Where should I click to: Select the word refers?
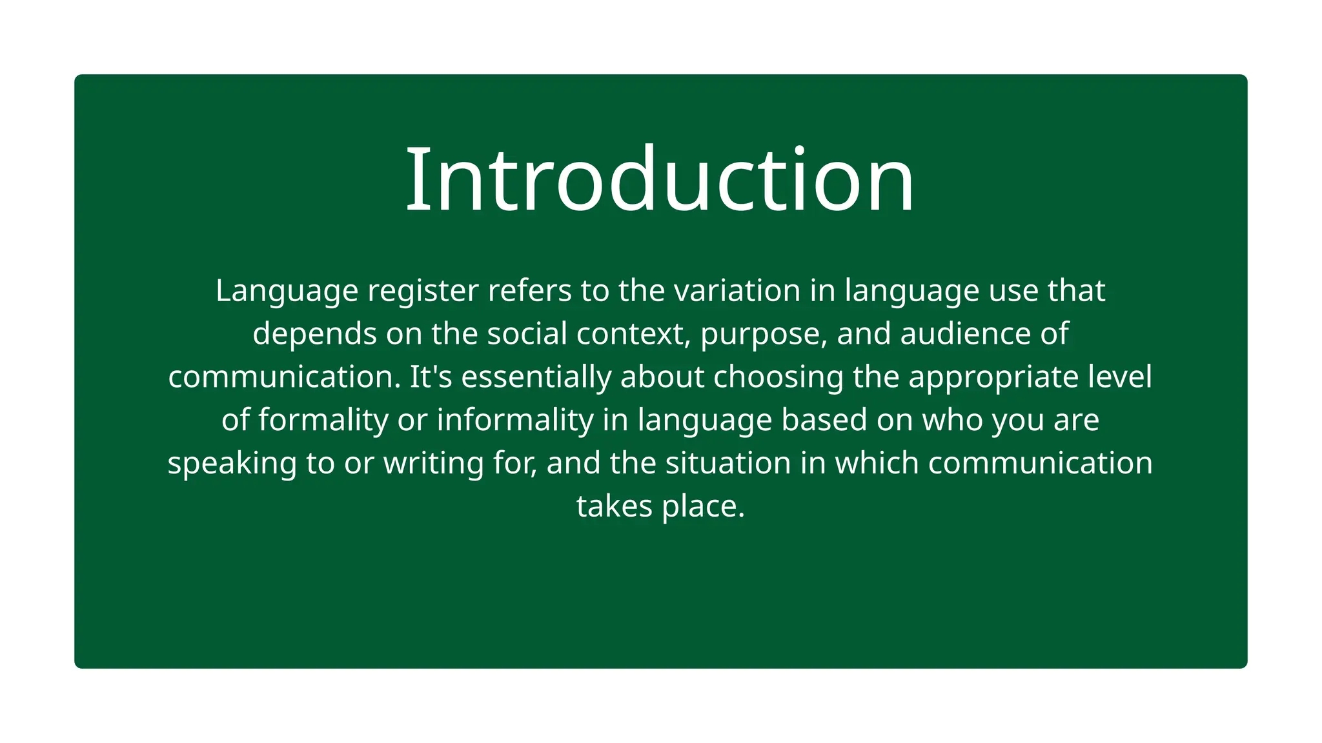(x=529, y=290)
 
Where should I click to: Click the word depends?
(x=314, y=333)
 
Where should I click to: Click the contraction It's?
(x=431, y=377)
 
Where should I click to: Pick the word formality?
(x=323, y=421)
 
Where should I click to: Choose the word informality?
(x=515, y=421)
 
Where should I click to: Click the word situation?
(x=728, y=463)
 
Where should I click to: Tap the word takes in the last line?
(x=614, y=506)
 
